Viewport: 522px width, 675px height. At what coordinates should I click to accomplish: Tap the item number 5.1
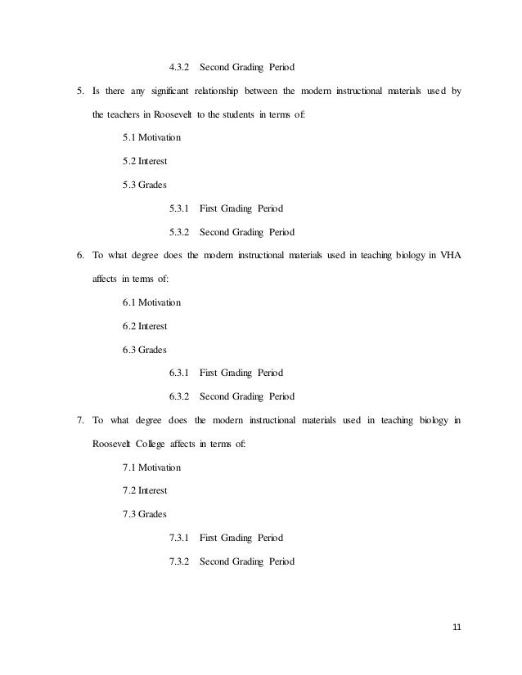tap(129, 137)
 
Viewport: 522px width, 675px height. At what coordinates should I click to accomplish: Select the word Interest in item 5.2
tap(153, 161)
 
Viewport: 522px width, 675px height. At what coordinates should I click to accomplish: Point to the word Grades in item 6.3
tap(153, 350)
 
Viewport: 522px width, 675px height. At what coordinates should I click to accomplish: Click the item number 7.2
tap(129, 491)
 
